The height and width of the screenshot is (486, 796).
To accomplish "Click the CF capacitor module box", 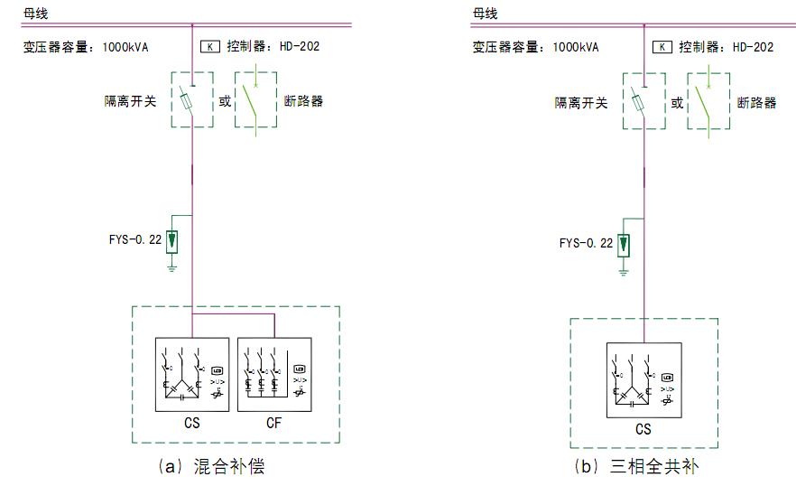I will coord(274,375).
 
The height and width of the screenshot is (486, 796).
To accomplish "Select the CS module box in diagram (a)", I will coord(192,375).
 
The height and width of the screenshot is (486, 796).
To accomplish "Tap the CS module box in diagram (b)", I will coord(643,379).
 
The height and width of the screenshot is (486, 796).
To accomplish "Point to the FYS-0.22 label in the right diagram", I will coord(586,243).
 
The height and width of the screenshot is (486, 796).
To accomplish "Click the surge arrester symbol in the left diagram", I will coord(172,242).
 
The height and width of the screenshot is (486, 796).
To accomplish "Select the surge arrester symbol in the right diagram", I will coord(624,245).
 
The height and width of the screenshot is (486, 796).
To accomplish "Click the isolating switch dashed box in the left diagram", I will coord(191,100).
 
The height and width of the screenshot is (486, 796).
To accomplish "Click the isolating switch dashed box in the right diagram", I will coord(643,101).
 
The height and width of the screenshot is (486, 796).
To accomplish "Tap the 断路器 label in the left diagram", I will coord(303,101).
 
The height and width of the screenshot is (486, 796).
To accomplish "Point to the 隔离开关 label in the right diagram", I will coord(581,102).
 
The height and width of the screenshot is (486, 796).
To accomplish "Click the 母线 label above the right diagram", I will coord(485,13).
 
